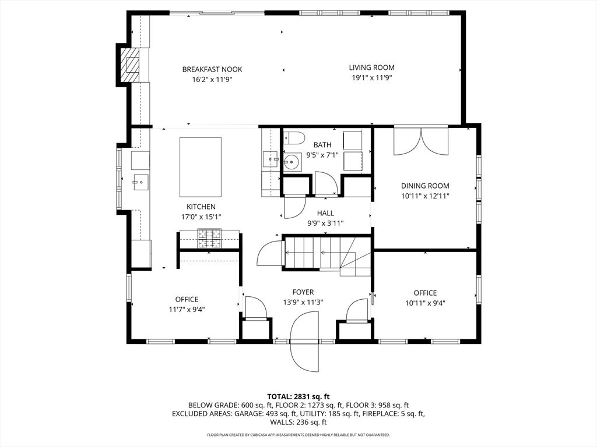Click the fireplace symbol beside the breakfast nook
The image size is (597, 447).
pos(130,64)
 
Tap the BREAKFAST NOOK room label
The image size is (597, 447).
pos(212,69)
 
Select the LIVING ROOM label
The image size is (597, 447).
pos(371,68)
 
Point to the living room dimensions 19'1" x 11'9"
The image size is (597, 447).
pos(371,77)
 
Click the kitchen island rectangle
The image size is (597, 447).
pos(200,168)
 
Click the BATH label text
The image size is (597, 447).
pos(322,145)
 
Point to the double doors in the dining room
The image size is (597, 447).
pos(420,141)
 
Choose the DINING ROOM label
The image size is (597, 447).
pos(425,186)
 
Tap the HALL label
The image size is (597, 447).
pos(325,213)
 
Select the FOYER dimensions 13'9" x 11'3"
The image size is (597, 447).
pos(303,302)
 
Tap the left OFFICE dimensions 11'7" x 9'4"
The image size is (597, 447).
pos(187,310)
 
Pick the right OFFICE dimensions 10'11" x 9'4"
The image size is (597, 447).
pos(425,303)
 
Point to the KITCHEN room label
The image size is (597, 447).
pos(201,207)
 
